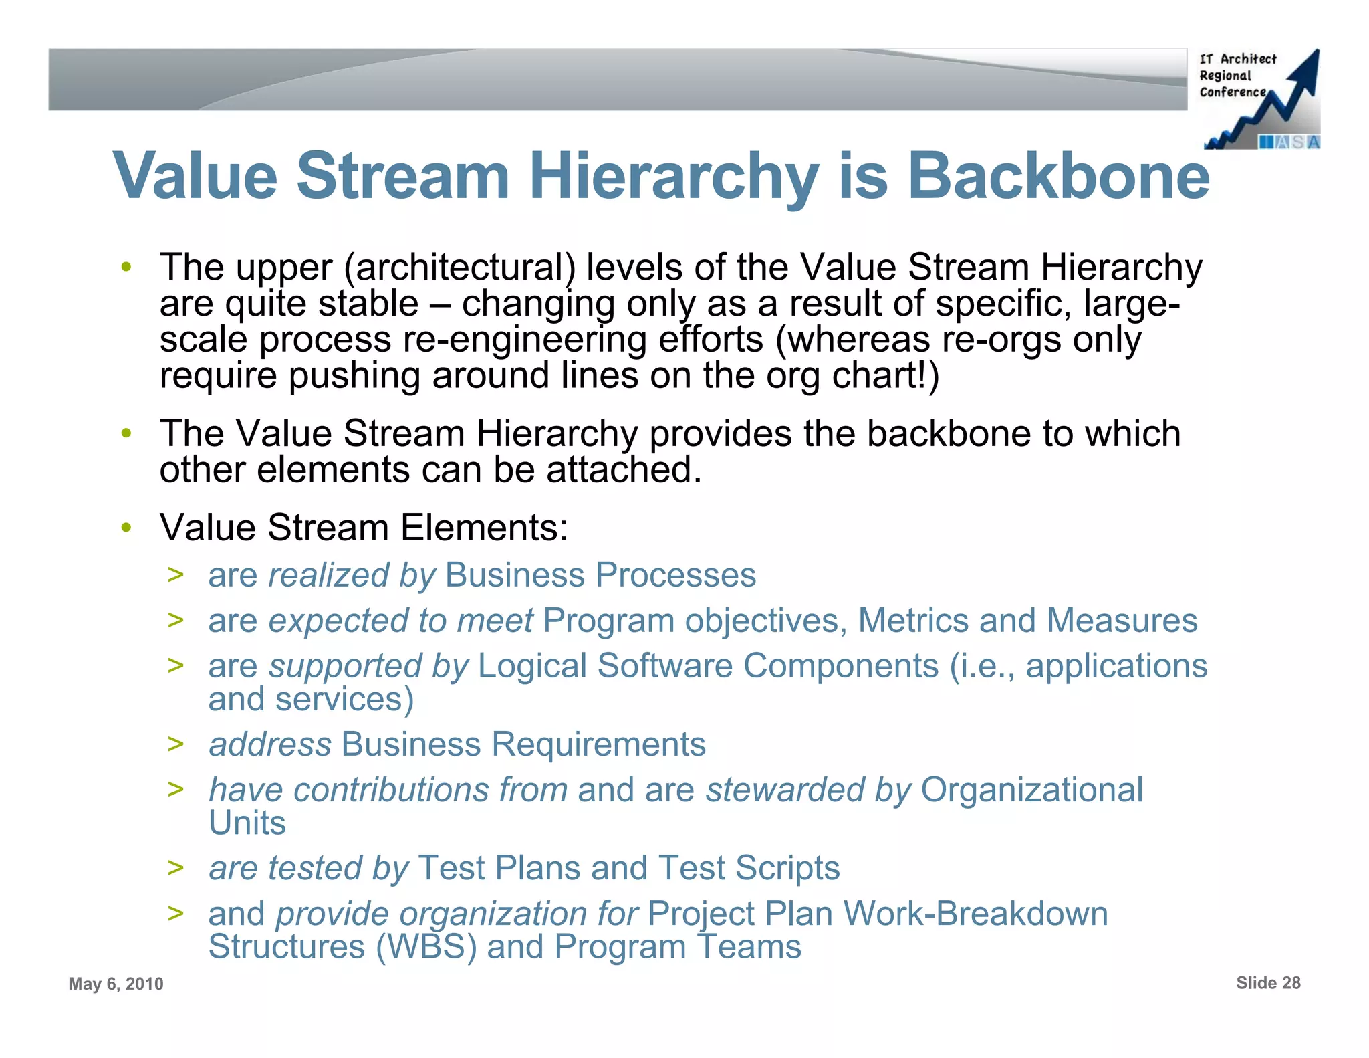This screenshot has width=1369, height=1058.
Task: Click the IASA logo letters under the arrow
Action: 1289,142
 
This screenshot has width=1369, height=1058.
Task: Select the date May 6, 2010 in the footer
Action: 116,984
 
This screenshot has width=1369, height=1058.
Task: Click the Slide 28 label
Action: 1268,982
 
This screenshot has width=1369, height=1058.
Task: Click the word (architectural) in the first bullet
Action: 460,268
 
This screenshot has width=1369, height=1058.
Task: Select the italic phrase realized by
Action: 352,575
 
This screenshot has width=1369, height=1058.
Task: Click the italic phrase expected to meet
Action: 400,621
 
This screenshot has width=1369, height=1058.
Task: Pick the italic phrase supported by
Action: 368,666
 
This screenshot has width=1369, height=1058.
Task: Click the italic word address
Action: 270,744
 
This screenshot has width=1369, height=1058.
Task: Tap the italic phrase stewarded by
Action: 808,790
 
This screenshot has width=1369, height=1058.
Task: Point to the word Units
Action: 247,823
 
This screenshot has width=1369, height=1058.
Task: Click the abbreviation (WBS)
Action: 426,947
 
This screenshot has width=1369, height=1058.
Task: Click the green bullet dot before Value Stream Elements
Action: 126,528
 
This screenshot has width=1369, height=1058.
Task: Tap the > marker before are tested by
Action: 176,867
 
